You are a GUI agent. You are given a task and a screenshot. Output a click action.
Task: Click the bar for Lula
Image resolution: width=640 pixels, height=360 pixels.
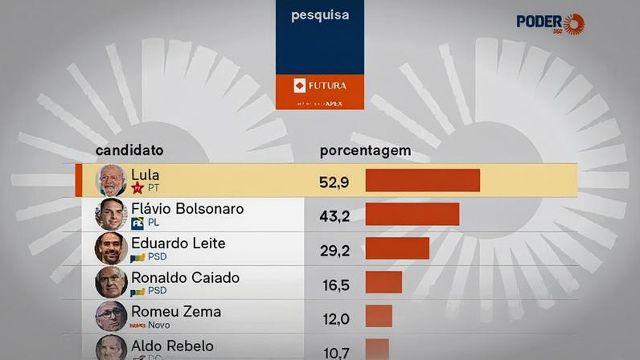point(422,181)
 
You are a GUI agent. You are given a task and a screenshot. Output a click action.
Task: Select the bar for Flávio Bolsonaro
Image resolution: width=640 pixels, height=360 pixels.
point(412,215)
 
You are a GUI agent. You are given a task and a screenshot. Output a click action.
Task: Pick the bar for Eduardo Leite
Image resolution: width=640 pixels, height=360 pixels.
point(397,248)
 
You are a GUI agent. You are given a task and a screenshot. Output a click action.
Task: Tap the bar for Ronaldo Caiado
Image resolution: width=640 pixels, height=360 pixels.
point(384,282)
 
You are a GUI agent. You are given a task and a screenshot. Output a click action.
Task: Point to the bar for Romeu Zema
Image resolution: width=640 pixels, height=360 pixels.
point(379,316)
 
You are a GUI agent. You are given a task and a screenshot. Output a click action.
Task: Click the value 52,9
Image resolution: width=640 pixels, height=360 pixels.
point(334,182)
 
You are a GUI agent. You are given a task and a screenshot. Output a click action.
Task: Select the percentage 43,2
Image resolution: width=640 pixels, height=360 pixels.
point(334,217)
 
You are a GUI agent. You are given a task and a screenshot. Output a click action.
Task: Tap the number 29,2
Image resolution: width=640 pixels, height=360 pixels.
point(334,251)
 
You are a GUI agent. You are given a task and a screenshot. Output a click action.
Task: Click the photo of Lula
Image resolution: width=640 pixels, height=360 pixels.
point(111,181)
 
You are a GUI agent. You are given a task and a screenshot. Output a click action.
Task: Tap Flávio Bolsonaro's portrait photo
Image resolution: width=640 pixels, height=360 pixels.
point(111,215)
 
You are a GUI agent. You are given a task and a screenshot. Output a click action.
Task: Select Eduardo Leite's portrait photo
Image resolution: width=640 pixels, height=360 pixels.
point(111,248)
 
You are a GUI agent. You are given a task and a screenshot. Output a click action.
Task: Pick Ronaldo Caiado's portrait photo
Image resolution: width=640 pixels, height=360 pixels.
point(111,282)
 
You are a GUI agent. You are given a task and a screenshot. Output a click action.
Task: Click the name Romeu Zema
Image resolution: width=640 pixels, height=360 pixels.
point(176,311)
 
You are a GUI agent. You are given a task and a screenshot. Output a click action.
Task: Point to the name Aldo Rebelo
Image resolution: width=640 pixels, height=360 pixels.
point(172,346)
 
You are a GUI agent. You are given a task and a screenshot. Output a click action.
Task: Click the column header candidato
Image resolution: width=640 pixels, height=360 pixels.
point(129,150)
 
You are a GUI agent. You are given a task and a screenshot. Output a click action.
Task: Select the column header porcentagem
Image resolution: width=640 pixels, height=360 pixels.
point(365,150)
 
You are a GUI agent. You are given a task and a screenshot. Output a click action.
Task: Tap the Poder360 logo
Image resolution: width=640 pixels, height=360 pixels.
point(550,23)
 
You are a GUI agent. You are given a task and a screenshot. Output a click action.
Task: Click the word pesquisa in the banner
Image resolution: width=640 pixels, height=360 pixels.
point(319,15)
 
